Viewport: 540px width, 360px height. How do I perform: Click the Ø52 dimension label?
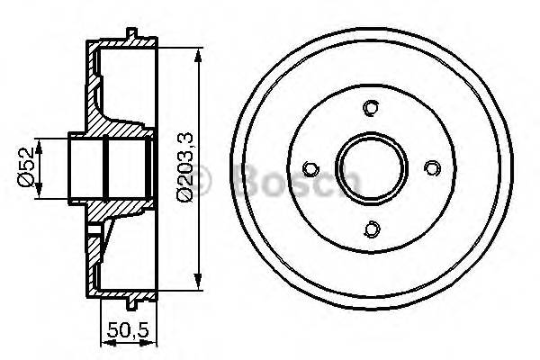click(x=27, y=167)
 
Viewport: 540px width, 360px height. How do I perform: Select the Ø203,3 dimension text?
click(x=185, y=167)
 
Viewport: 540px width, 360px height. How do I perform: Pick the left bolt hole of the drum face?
click(x=311, y=168)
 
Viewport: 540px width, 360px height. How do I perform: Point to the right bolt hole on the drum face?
click(x=431, y=167)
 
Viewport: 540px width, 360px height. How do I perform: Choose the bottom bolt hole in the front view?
click(x=371, y=228)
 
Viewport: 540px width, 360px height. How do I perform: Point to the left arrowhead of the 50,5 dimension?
click(x=98, y=343)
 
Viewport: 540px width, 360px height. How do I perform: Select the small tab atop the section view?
click(x=132, y=34)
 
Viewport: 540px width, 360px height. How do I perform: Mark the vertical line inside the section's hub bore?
click(x=105, y=167)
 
